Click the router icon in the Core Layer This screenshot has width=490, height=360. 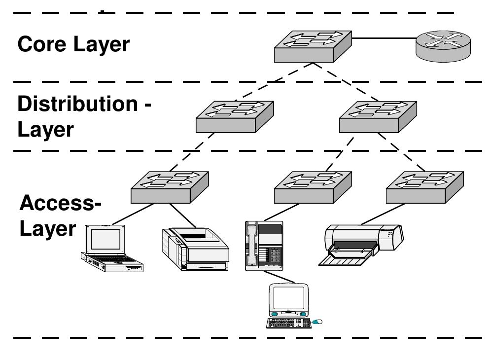(x=443, y=44)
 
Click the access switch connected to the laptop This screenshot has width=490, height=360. (x=170, y=187)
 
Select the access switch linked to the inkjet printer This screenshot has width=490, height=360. (x=425, y=187)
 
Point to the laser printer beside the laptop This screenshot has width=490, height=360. (x=195, y=249)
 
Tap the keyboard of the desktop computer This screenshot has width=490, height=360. (x=287, y=323)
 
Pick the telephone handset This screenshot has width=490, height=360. (x=252, y=244)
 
